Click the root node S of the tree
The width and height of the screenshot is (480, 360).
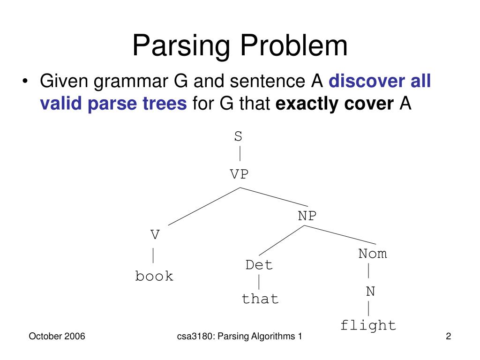point(238,136)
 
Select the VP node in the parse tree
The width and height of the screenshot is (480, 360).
point(239,174)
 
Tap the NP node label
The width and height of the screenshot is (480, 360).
point(307,216)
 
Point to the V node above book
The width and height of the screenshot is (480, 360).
point(155,235)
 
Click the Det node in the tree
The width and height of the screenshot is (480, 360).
point(259,265)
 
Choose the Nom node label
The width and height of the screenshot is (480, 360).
point(373,254)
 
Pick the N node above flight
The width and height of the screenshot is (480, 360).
point(370,292)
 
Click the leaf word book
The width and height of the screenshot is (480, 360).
point(154,276)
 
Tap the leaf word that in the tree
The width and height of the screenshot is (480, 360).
point(260,299)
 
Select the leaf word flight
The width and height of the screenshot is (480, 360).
point(368,325)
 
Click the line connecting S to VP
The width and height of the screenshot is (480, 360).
point(240,153)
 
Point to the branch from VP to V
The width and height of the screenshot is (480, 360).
point(204,207)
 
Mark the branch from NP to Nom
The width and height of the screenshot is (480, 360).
point(340,235)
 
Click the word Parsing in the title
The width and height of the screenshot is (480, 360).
point(181,46)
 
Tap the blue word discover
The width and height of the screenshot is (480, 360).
point(367,81)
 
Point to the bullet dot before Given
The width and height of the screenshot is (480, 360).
point(25,81)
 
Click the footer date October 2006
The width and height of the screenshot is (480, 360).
point(57,336)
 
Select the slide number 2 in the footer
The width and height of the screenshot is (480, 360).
point(448,336)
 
